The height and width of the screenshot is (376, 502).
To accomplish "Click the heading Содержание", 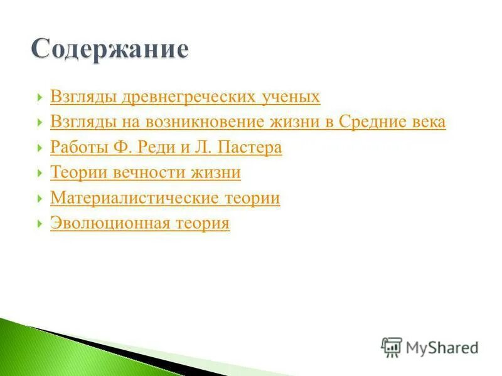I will point(110,49).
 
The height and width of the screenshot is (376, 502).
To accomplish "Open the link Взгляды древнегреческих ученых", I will point(185,97).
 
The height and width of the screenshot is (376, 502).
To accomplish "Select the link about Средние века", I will point(248,122).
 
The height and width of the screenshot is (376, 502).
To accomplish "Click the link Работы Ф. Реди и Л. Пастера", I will point(166,148).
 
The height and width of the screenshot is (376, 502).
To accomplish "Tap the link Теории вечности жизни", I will point(146,172).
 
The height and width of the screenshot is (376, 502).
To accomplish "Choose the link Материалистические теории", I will point(165,198).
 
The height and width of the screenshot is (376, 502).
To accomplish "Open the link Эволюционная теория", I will point(140,223).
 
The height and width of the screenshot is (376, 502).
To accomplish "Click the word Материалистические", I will point(134,198).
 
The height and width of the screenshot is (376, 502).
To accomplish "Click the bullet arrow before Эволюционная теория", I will point(40,223).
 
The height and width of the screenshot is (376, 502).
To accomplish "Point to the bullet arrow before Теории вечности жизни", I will point(40,172).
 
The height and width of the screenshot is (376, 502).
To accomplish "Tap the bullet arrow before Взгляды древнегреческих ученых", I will point(40,97).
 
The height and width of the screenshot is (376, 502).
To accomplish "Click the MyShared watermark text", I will point(442,347).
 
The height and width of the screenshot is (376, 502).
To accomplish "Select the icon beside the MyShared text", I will point(392,346).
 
